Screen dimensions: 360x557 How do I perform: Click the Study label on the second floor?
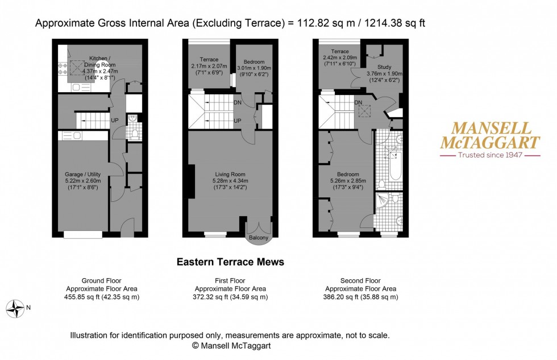384,67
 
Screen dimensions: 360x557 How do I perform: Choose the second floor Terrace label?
335,52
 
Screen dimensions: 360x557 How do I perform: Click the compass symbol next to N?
16,309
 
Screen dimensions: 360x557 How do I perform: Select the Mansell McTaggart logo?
491,135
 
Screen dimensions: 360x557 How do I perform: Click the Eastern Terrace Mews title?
230,262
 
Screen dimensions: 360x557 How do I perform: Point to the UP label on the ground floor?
115,121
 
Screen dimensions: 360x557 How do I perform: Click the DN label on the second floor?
358,103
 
